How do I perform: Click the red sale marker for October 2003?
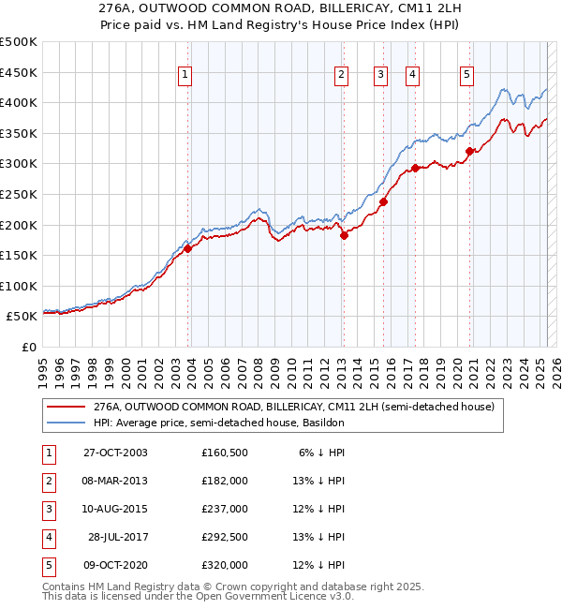tap(188, 248)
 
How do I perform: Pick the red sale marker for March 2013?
tap(344, 235)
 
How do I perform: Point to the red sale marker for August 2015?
tap(383, 201)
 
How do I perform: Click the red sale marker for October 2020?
tap(469, 151)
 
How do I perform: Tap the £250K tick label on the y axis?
tap(19, 194)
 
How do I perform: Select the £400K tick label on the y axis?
tap(19, 102)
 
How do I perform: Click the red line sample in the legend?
tap(66, 408)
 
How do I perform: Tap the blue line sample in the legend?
tap(66, 423)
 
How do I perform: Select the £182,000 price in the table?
tap(224, 481)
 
